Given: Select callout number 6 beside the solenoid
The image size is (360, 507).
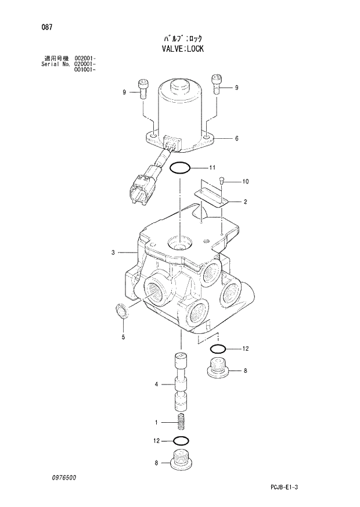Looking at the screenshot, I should point(237,139).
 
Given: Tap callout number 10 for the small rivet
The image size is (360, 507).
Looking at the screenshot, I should point(245,182).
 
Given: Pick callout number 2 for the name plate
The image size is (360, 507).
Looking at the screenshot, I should point(245,202).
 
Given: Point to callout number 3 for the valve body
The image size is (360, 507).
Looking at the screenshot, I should point(113,252).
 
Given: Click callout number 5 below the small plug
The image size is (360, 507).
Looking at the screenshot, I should point(123,337).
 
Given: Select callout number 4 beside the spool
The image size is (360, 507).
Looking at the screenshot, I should point(156,384).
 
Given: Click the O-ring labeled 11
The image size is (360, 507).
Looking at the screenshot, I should point(180,168).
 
